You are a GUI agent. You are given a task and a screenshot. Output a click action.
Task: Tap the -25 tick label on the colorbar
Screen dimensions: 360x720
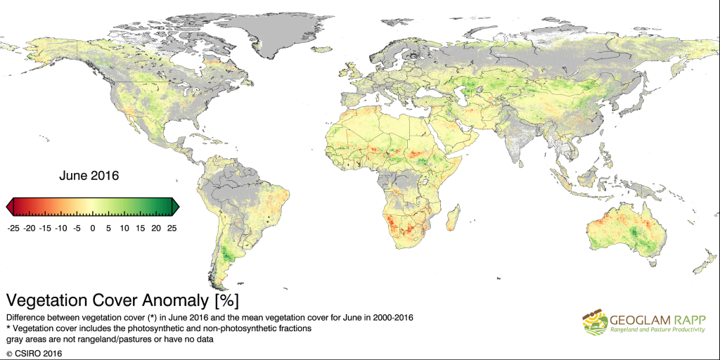click(12, 228)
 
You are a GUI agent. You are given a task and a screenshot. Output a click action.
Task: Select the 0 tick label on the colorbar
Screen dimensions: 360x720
click(92, 228)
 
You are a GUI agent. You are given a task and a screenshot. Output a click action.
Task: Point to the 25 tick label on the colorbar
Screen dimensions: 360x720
click(172, 228)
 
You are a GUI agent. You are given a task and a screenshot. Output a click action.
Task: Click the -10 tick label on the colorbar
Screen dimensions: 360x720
click(60, 228)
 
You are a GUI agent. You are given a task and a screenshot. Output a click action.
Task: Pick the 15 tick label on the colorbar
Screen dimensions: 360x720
click(140, 228)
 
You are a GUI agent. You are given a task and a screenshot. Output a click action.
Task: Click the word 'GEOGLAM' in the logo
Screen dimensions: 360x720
click(638, 318)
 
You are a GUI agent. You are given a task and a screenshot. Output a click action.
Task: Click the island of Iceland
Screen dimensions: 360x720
click(322, 49)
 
